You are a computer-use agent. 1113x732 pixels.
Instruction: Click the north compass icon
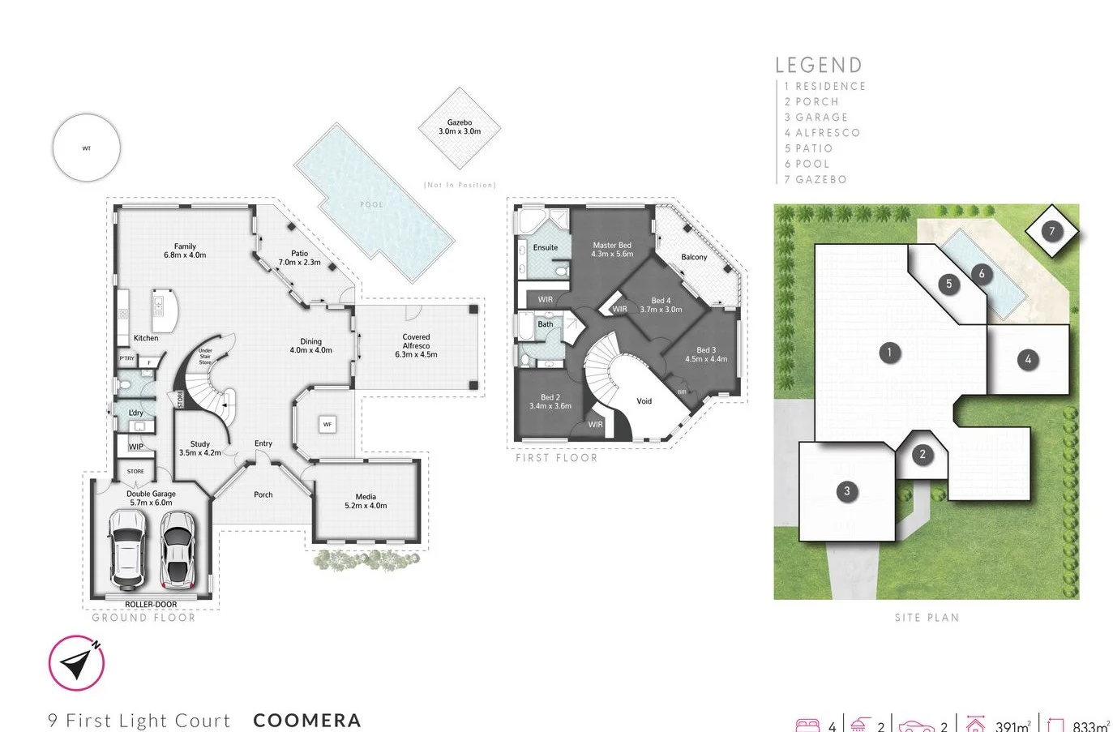(x=77, y=663)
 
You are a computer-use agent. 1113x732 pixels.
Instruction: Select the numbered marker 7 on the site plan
(x=1052, y=231)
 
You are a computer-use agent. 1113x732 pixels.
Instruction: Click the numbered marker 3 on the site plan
(x=847, y=490)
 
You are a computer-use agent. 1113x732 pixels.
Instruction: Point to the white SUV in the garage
(x=127, y=549)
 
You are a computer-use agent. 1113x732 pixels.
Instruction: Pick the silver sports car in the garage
(x=178, y=549)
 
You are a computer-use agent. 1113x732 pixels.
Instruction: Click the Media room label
(x=366, y=501)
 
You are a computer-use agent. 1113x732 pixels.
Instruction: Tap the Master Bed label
(x=612, y=250)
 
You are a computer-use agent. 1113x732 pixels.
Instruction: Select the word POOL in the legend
(x=812, y=164)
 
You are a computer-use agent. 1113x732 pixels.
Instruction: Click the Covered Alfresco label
(x=416, y=345)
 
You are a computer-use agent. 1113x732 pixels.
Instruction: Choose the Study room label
(x=199, y=448)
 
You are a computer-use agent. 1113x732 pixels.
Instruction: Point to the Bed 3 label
(x=706, y=354)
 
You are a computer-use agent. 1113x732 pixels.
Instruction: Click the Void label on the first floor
(x=644, y=401)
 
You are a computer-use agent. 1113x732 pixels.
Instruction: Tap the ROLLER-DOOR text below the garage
(x=151, y=605)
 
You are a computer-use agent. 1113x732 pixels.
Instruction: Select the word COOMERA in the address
(x=307, y=720)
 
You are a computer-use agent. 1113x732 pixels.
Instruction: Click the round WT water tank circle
(x=87, y=148)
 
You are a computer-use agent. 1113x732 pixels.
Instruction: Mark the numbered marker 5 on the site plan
(x=949, y=284)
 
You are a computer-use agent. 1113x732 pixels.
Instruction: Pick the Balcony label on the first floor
(x=694, y=257)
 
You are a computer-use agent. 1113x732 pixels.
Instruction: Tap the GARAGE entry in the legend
(x=821, y=117)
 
